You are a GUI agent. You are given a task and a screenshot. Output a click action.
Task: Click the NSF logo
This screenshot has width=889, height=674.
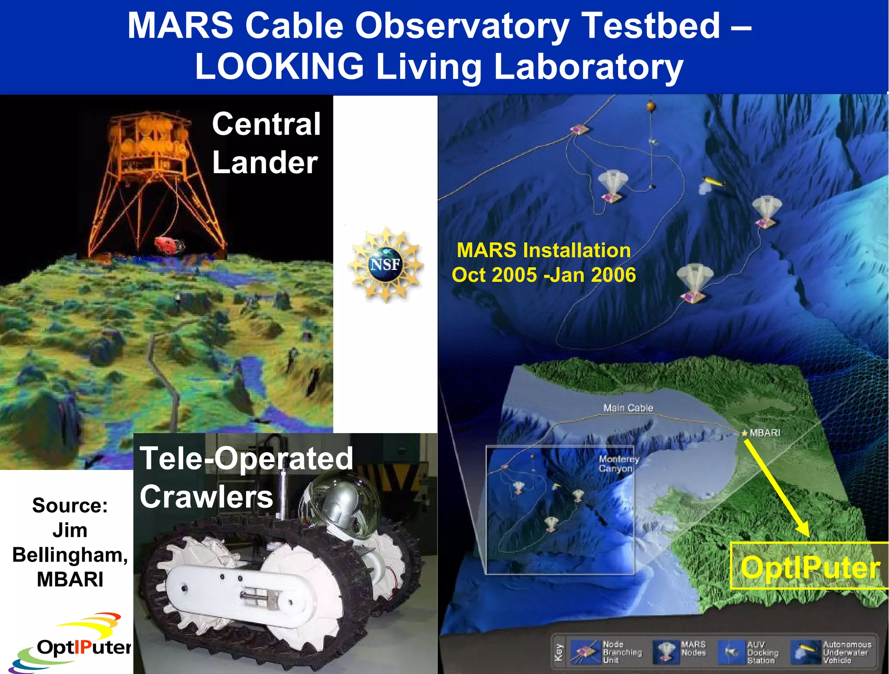click(385, 264)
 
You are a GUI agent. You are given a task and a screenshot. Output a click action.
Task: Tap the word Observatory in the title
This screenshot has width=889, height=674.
click(462, 26)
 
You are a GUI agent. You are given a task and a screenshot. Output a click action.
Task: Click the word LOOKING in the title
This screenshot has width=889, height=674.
click(279, 66)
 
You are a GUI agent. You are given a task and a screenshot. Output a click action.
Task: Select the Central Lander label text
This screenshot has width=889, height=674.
click(266, 143)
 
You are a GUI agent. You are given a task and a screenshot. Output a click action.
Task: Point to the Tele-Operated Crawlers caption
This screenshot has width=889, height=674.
click(246, 477)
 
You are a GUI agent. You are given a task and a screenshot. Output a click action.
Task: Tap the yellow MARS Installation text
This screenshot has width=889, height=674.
click(543, 250)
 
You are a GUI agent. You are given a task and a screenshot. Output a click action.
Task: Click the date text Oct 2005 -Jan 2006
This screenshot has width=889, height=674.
click(543, 275)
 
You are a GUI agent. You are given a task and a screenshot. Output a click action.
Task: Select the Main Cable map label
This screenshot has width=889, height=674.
click(628, 408)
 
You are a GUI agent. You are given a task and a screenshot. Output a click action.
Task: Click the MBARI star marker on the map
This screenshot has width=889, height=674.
click(744, 433)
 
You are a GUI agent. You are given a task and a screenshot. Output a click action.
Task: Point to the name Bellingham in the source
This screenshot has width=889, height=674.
click(70, 555)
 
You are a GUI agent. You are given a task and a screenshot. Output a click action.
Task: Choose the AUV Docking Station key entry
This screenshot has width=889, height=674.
click(749, 652)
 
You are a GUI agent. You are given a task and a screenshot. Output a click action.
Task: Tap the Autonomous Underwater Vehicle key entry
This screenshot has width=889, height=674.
click(831, 652)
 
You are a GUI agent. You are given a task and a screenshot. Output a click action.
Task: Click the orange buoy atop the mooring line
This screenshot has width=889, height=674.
click(651, 105)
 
